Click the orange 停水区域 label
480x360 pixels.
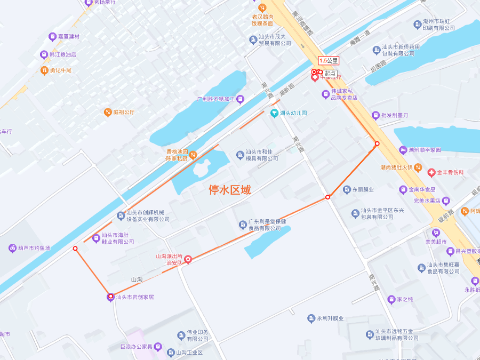tap(229, 190)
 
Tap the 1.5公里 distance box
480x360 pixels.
tap(329, 61)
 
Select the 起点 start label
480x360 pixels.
tap(330, 73)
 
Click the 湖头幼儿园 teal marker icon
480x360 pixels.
tap(274, 113)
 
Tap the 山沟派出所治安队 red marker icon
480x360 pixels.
tap(188, 260)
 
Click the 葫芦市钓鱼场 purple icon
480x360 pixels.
tap(12, 248)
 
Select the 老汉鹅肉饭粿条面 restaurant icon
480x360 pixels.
tap(262, 7)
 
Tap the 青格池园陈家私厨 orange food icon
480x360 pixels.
tap(193, 155)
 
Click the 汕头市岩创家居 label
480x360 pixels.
tap(134, 297)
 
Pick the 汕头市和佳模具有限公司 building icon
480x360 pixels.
tap(240, 155)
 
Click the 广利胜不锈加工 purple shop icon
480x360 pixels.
tap(240, 99)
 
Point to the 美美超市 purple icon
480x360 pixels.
tap(436, 233)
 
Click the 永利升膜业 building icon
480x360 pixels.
tap(311, 318)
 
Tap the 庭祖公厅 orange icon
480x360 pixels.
tap(107, 112)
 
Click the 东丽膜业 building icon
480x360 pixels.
tap(347, 189)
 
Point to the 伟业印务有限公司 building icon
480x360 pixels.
tap(181, 335)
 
